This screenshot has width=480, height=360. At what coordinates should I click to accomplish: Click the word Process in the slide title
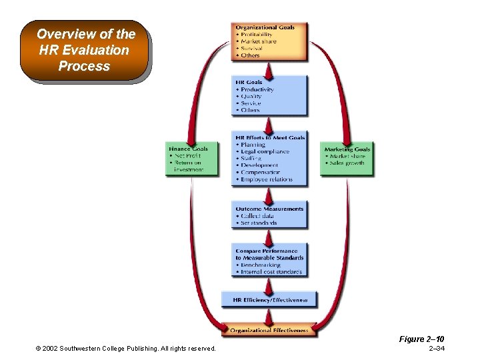[x=84, y=66]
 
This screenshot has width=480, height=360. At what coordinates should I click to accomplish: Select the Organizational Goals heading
[x=265, y=27]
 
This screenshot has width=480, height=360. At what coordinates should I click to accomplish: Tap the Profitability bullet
[x=256, y=35]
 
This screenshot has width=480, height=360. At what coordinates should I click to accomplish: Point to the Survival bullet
[x=251, y=49]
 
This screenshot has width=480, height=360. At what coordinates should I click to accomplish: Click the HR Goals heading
[x=249, y=83]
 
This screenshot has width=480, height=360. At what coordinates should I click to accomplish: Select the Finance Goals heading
[x=189, y=149]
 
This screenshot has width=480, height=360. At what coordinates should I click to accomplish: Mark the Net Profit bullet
[x=187, y=156]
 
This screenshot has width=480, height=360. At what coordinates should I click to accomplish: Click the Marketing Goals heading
[x=347, y=149]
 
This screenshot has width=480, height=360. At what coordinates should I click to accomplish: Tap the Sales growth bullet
[x=347, y=163]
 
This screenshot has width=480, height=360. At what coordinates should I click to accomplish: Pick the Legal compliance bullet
[x=265, y=151]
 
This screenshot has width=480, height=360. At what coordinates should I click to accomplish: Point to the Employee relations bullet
[x=267, y=179]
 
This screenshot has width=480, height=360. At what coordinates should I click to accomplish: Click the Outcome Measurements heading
[x=269, y=209]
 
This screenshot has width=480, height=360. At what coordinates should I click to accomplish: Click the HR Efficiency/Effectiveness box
[x=269, y=300]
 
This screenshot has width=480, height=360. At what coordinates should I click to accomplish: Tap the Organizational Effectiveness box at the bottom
[x=269, y=330]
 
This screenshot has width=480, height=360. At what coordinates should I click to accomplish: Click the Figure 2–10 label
[x=421, y=339]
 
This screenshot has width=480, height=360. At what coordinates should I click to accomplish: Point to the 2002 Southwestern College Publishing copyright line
[x=126, y=349]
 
